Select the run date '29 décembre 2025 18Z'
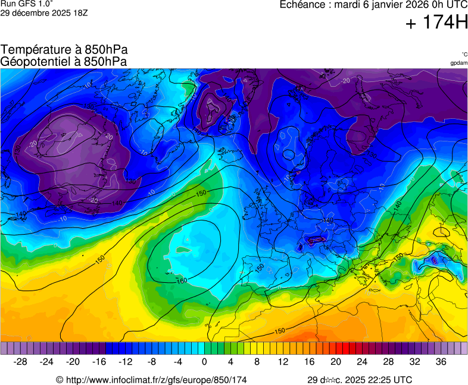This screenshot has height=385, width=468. (x=44, y=12)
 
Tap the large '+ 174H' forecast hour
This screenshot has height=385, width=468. (x=436, y=23)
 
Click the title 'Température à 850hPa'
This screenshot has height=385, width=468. (x=64, y=50)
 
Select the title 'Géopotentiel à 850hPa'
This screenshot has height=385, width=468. (x=64, y=61)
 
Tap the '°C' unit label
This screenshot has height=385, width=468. (x=463, y=55)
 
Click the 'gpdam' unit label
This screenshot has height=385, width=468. (x=458, y=62)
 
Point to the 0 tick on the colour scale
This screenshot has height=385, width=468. (x=204, y=362)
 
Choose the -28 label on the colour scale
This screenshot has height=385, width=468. (x=21, y=362)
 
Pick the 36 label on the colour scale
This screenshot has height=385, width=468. (x=441, y=362)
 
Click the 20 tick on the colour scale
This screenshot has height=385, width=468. (x=336, y=362)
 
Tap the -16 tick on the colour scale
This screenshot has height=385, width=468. (x=99, y=362)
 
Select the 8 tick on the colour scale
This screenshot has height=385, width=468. (x=257, y=362)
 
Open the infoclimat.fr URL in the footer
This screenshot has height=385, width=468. (x=155, y=380)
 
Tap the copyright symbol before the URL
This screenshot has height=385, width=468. (x=60, y=380)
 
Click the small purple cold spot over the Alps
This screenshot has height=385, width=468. (x=313, y=241)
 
